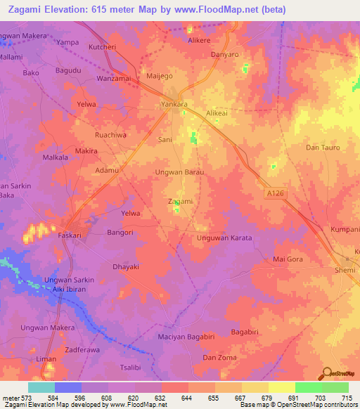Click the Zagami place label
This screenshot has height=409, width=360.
point(181,201)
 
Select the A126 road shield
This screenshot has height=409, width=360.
point(276,193)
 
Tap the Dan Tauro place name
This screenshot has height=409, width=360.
point(323,148)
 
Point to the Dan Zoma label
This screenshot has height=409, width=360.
point(219,358)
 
